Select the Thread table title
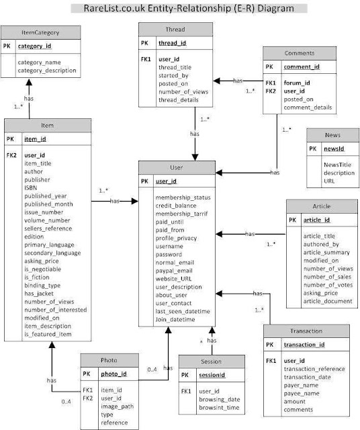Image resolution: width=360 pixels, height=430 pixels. point(175,30)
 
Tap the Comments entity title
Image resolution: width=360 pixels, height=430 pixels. point(299,53)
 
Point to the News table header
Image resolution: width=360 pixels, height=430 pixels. point(332,134)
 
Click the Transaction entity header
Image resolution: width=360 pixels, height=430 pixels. point(307,331)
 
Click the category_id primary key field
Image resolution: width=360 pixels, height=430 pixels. point(34,47)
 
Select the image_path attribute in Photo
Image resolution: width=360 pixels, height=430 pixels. point(118,405)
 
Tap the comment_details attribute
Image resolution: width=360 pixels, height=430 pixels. point(307,106)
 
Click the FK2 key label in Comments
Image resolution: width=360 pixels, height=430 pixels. point(270,90)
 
